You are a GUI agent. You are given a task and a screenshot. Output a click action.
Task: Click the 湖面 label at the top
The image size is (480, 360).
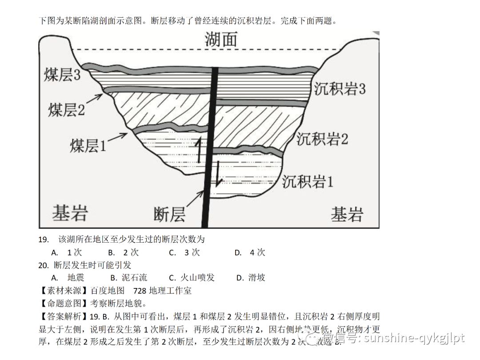(x=221, y=39)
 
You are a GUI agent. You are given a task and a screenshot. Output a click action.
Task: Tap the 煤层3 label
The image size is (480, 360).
(x=62, y=75)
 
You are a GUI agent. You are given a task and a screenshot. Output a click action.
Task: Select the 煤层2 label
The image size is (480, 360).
(x=66, y=109)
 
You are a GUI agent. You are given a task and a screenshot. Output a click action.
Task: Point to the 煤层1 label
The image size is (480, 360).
(x=88, y=145)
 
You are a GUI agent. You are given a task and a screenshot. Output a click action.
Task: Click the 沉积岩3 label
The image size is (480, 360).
(x=340, y=88)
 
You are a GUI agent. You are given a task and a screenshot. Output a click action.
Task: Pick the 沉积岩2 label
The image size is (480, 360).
(x=322, y=139)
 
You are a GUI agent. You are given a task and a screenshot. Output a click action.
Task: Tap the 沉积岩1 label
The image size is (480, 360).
(x=308, y=181)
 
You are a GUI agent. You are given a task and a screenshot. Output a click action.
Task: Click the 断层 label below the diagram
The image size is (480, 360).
(x=169, y=214)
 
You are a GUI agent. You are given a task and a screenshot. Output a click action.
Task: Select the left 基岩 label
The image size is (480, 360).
(x=70, y=213)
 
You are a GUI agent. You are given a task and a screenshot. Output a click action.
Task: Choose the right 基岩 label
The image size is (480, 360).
(x=347, y=214)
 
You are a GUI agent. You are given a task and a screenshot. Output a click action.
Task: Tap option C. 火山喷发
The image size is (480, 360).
(x=192, y=278)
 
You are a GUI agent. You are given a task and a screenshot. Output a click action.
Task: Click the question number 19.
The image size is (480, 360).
(x=43, y=240)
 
